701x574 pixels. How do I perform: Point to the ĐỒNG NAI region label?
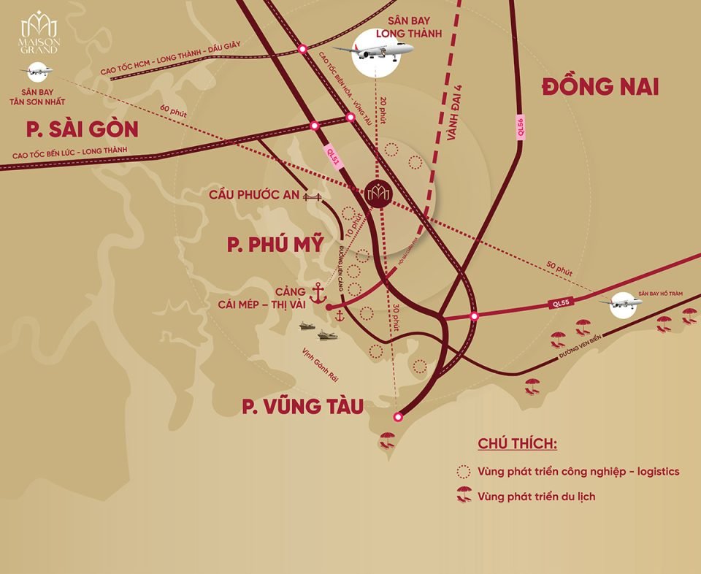pos(600,87)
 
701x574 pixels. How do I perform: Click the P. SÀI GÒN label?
pos(82,130)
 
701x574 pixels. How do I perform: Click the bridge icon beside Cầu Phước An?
pos(313,196)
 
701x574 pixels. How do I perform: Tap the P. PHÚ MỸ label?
pos(274,245)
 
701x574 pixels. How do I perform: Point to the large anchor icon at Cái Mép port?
pos(318,293)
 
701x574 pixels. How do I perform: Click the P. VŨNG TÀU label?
pos(303,406)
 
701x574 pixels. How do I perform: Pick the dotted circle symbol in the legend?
pos(463,471)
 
